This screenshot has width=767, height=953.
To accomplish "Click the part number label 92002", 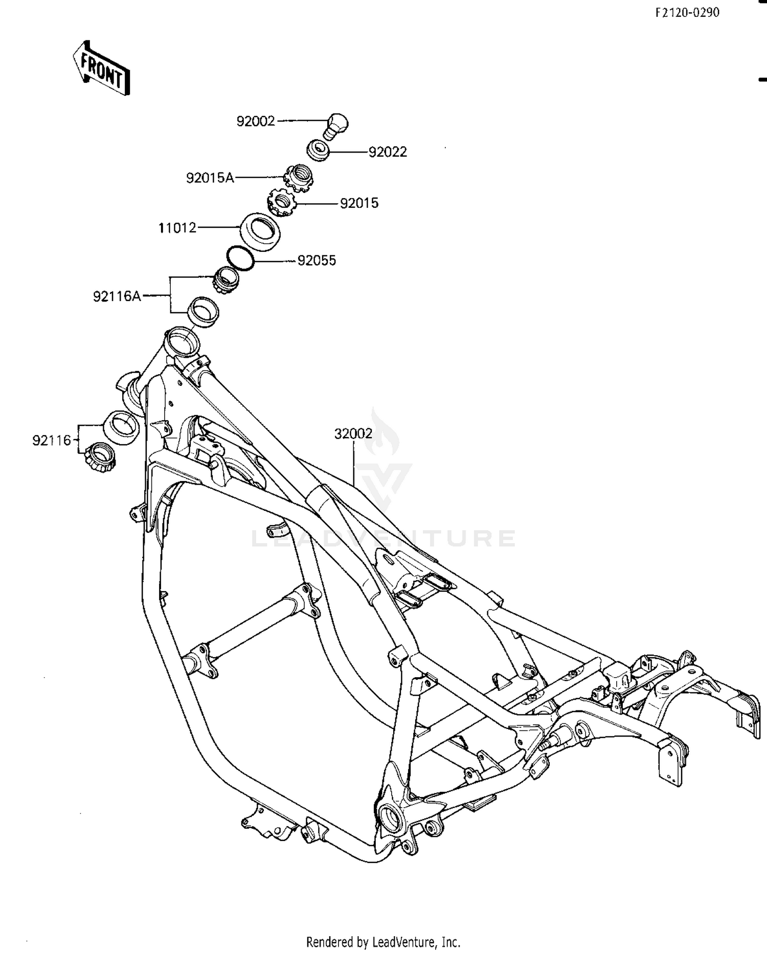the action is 256,121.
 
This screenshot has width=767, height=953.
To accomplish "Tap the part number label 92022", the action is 388,152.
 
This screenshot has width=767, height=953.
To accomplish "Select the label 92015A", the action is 210,178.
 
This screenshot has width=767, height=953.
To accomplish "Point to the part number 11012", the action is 177,228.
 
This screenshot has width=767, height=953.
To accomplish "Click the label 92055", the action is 317,261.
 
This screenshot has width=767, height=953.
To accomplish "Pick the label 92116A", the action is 117,296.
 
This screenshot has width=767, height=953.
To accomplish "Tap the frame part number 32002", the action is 353,434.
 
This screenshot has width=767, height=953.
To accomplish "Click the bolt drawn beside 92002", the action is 336,125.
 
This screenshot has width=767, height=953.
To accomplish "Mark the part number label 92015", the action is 359,203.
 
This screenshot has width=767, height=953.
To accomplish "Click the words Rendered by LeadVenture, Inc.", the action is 383,942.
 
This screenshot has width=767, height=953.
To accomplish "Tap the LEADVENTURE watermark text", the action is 383,538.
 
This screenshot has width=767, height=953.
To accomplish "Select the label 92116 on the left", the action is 52,440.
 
